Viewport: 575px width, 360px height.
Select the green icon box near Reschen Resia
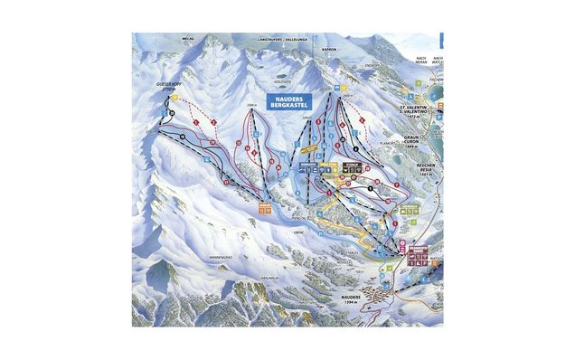[x=409, y=211]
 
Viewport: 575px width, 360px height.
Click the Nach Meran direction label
[x=419, y=60]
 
